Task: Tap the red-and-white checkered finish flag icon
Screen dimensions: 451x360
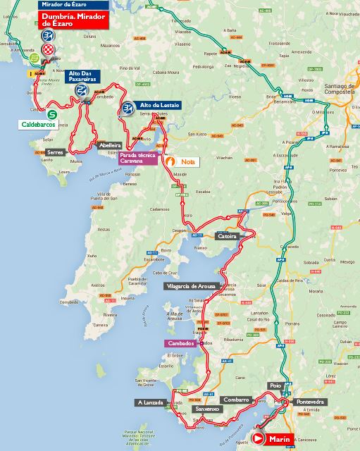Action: point(47,49)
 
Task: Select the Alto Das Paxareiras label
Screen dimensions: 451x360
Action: point(83,75)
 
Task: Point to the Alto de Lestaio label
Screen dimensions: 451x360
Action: point(160,105)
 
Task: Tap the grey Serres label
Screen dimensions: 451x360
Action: point(56,152)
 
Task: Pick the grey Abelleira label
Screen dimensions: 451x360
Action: point(110,145)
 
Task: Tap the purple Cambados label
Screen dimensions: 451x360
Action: point(181,343)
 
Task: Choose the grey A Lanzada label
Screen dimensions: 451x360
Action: point(151,402)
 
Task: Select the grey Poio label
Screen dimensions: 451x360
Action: point(275,385)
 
